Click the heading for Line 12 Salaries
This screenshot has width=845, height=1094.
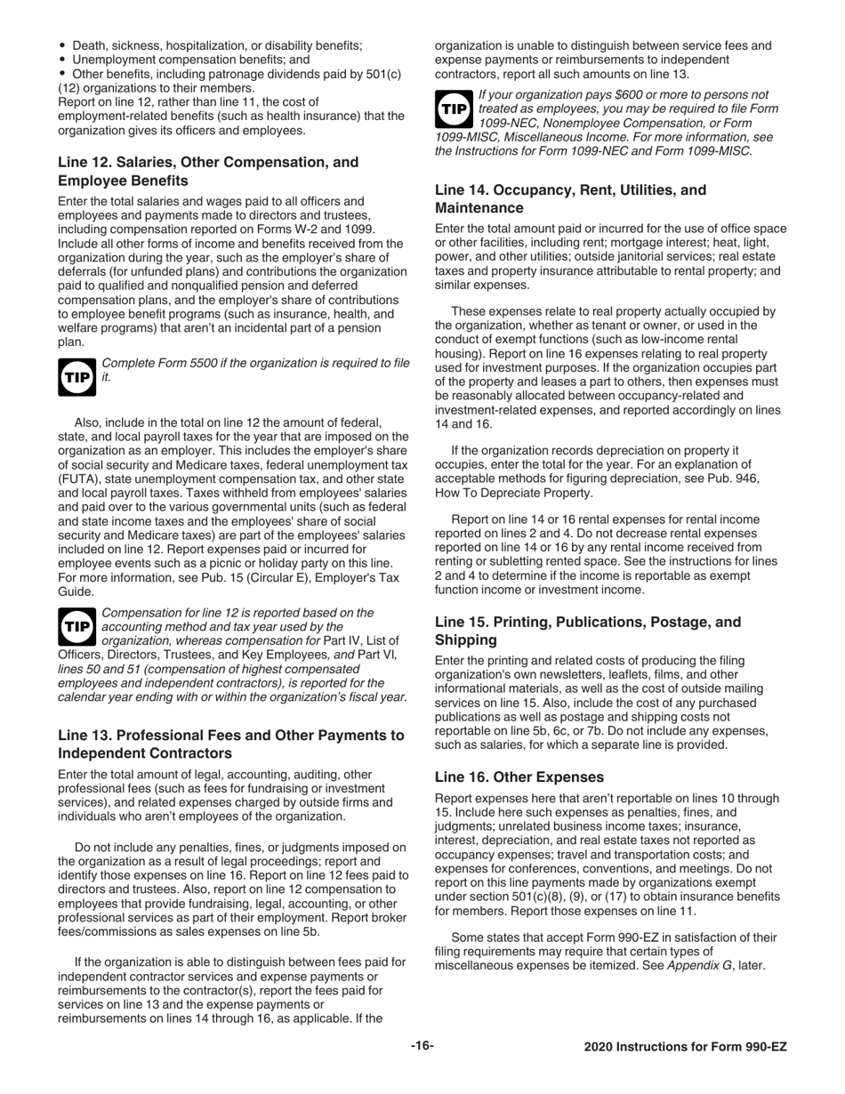click(x=208, y=172)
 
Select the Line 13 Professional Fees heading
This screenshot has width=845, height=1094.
click(x=230, y=744)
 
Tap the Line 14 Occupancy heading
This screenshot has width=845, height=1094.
click(x=569, y=198)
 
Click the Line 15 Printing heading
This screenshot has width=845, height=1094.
click(x=587, y=631)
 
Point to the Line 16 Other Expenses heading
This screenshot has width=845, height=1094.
click(x=519, y=776)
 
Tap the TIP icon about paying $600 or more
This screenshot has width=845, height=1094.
click(x=454, y=109)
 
